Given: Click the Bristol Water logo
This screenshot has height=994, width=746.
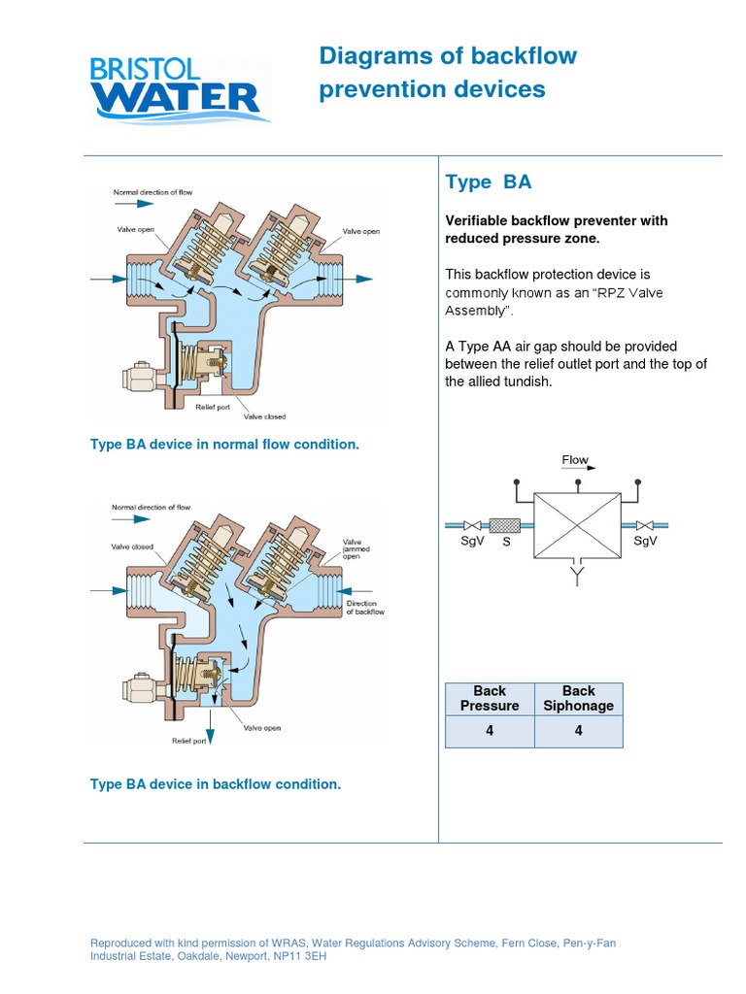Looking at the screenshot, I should coord(174,89).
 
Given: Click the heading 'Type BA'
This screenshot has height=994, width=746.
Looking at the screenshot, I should coord(488,182).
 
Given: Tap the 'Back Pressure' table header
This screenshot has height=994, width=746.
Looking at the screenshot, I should coord(490,698).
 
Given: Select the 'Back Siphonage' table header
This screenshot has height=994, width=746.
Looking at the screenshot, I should coord(578,698).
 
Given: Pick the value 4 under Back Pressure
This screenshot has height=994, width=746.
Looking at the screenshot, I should coord(490,731).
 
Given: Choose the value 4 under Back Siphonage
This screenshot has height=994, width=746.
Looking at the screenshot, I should coord(578,731).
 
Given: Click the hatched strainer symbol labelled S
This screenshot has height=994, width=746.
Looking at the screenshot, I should coord(506,525).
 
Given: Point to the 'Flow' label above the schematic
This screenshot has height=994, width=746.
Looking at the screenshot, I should coord(575,460).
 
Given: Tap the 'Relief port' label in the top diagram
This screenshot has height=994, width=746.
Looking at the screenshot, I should coord(214,407).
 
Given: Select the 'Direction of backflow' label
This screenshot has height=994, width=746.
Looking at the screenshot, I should coord(365,608).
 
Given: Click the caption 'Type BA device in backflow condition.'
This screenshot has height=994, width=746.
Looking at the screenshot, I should coord(216,784).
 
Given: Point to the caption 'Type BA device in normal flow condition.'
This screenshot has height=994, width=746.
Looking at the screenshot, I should coord(224,445).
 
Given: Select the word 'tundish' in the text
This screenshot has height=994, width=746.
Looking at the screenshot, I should coord(499,381).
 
